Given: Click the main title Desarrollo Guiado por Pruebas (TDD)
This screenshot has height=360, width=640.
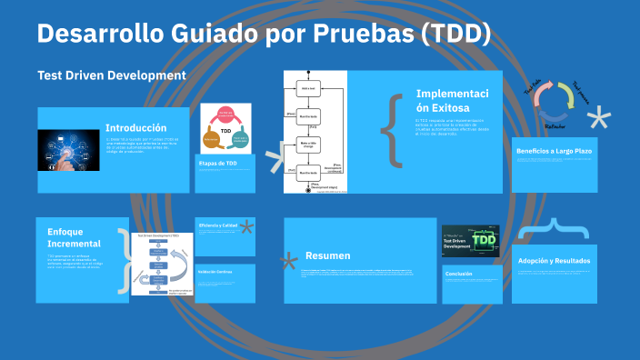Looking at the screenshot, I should click(264, 35).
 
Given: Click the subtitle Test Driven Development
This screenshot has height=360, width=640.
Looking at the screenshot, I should click(112, 75).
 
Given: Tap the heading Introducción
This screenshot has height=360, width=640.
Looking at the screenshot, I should click(135, 128).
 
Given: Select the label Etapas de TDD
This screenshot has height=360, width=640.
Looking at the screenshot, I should click(218, 164).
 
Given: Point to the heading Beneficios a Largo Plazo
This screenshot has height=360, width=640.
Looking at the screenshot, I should click(554, 151).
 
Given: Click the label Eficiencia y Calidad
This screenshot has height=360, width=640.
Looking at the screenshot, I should click(219, 225).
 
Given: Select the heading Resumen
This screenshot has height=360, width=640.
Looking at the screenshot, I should click(328, 255).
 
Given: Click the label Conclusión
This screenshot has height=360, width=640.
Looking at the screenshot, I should click(460, 273).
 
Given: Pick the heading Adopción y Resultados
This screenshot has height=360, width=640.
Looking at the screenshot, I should click(554, 261).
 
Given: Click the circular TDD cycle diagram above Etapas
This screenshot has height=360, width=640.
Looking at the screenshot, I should click(225, 129).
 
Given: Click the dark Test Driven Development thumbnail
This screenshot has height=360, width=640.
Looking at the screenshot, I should click(470, 241).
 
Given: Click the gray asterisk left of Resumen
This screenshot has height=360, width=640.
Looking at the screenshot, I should click(289, 263).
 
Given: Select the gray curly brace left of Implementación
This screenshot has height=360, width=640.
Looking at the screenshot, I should click(392, 130).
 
